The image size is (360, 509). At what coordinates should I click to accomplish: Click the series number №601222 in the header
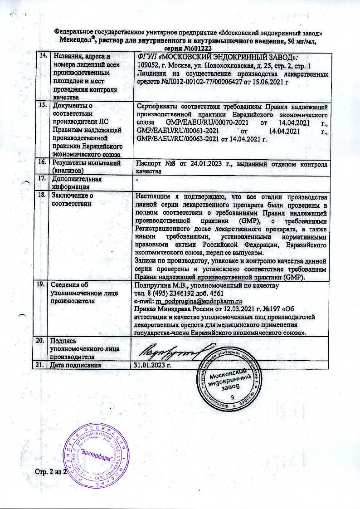pyautogui.click(x=199, y=48)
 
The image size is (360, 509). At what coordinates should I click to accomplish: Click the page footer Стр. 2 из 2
pyautogui.click(x=51, y=473)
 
